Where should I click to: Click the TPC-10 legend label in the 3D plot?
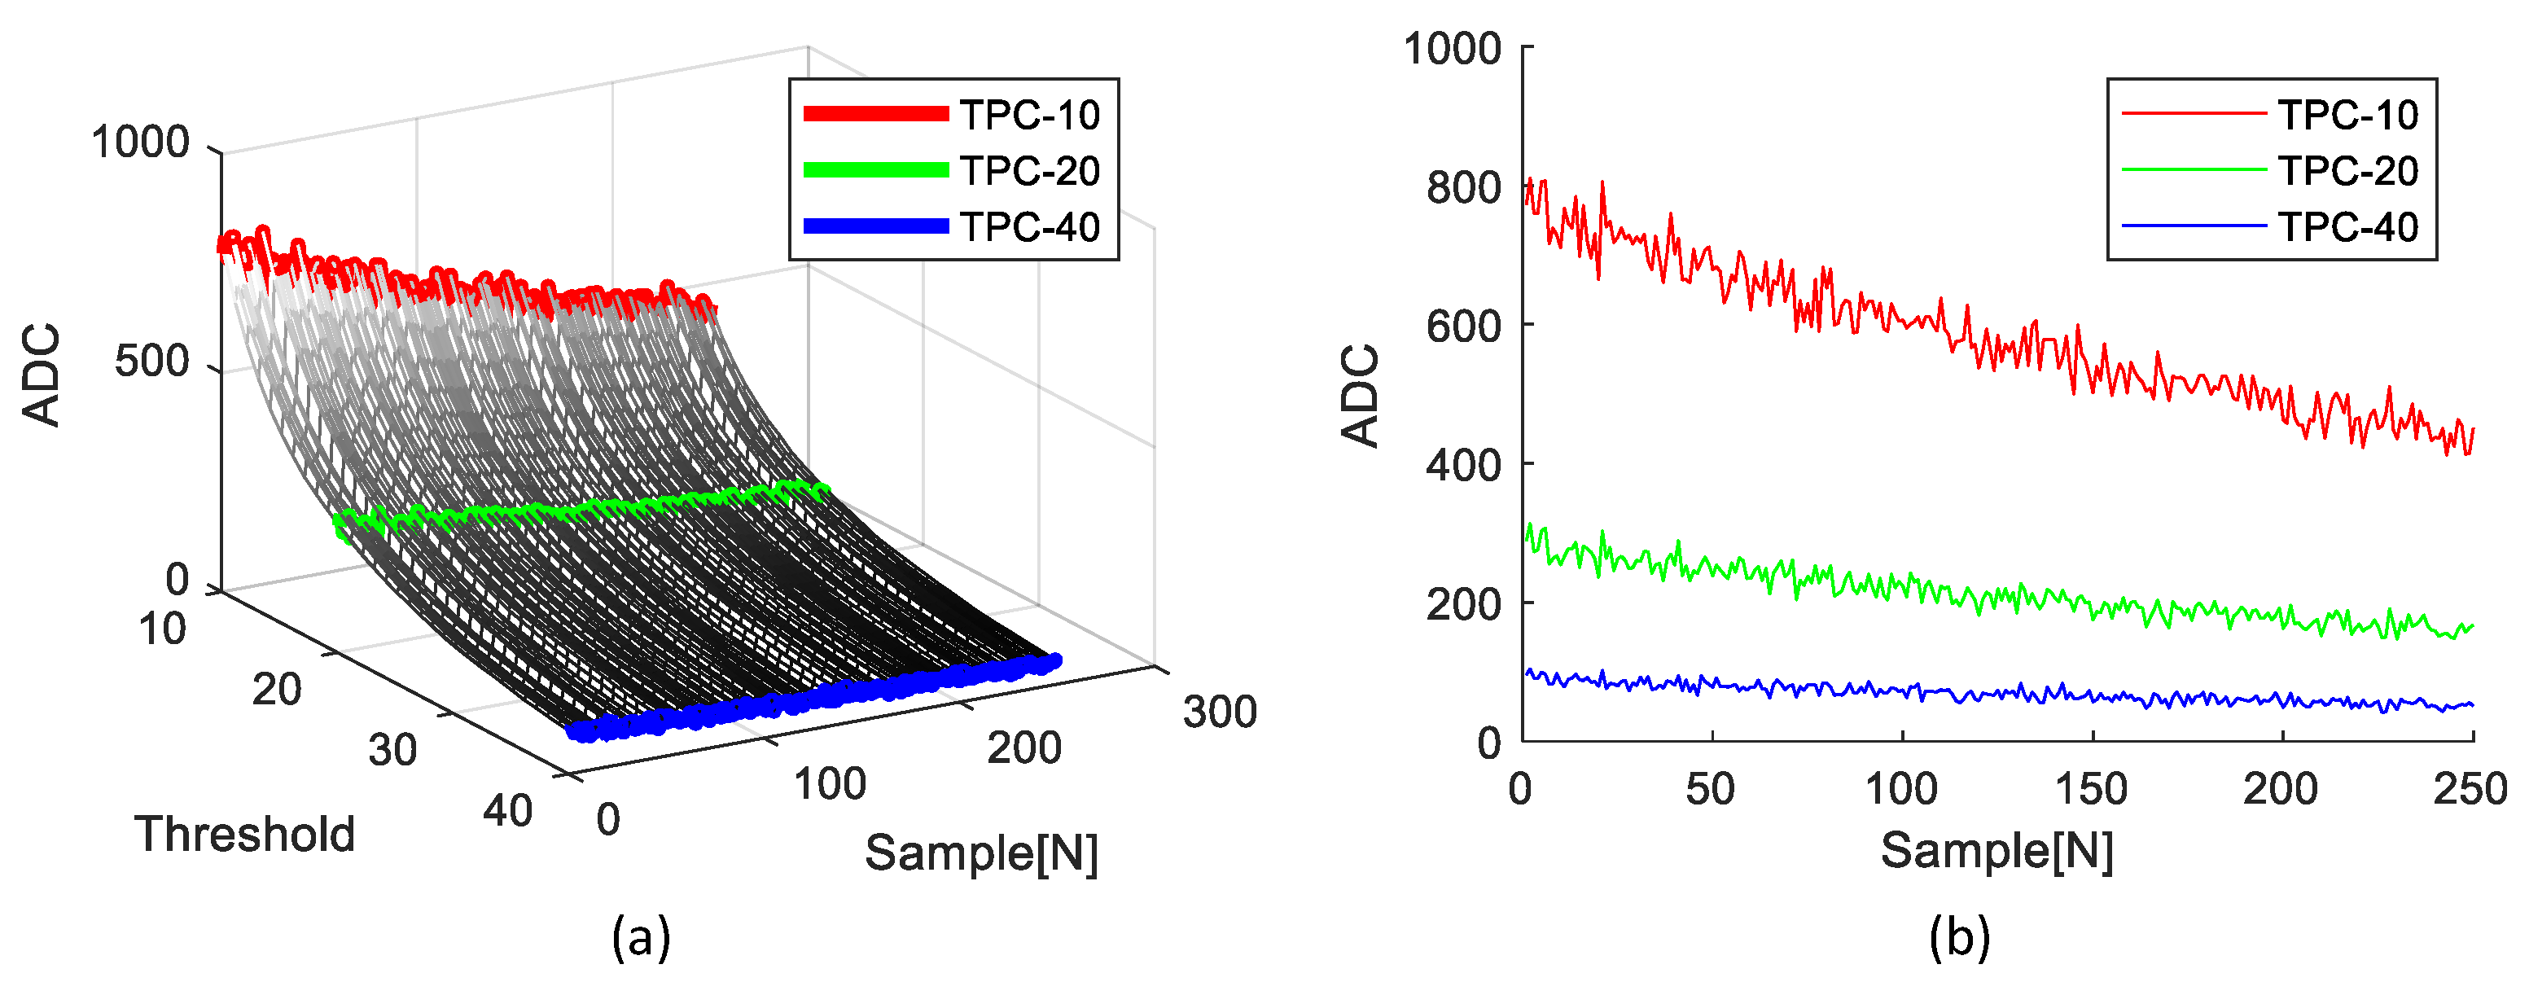click(1030, 115)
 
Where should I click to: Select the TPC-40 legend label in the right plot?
click(2347, 227)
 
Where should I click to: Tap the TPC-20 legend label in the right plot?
click(2347, 171)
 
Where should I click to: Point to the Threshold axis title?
click(244, 835)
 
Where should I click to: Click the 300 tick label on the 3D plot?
click(1220, 712)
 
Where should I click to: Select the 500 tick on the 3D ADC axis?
click(151, 362)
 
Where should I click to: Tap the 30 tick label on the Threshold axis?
click(392, 750)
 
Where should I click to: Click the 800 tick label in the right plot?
click(1463, 186)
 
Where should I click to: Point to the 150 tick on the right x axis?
click(2091, 788)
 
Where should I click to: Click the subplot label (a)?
click(641, 938)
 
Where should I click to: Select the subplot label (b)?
click(1960, 938)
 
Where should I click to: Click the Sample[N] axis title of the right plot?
click(1996, 850)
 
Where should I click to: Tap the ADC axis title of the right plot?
click(1361, 396)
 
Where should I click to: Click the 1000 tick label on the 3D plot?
click(139, 142)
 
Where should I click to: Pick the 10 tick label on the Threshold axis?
click(161, 629)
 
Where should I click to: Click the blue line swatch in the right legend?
click(2194, 227)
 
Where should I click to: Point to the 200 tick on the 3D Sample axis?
click(1024, 748)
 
